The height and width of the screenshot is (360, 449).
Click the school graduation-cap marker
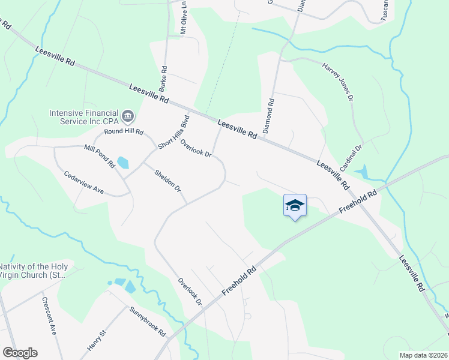[x=295, y=206]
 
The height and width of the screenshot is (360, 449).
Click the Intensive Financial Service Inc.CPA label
[x=84, y=116]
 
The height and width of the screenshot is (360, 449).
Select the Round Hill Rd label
[x=124, y=131]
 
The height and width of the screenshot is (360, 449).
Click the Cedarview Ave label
[x=84, y=181]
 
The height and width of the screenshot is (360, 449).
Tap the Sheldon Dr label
[x=167, y=180]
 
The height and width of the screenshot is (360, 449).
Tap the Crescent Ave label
[x=49, y=316]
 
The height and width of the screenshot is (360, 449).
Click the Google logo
[x=20, y=353]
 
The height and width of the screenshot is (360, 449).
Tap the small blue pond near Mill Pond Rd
[x=122, y=163]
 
